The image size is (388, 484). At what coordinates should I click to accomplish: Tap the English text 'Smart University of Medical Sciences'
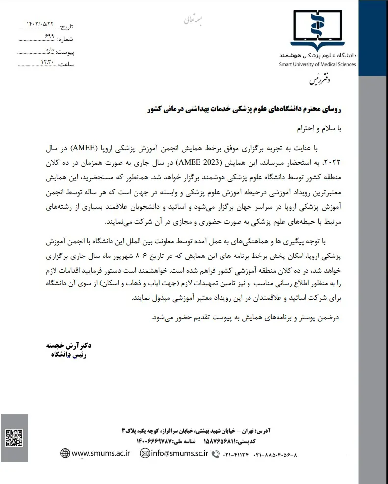point(317,64)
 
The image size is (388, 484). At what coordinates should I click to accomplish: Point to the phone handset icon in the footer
point(215,455)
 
